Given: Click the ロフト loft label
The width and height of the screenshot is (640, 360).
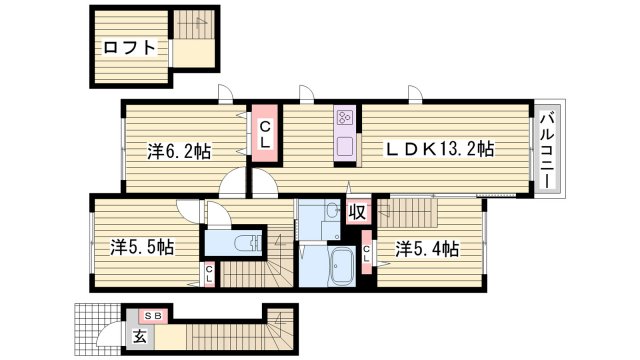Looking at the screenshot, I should [129, 47].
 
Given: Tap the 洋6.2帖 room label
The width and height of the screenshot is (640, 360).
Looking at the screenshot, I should [179, 151].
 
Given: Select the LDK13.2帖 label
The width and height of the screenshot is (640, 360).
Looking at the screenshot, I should [440, 149].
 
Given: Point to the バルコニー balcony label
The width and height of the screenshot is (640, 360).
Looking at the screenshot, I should [548, 152].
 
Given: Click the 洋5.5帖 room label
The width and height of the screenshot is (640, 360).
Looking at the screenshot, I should [142, 246].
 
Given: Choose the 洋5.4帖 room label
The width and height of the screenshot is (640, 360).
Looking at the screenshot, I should [426, 247].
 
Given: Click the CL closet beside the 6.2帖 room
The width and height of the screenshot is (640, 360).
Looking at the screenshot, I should [265, 134].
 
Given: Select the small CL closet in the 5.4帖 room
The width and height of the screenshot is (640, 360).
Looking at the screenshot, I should [367, 255].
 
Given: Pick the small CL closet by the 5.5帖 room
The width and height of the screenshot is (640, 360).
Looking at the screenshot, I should [209, 273].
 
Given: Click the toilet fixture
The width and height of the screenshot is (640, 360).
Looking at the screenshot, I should [241, 243].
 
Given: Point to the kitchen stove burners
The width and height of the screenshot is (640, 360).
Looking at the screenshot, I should [345, 119].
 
